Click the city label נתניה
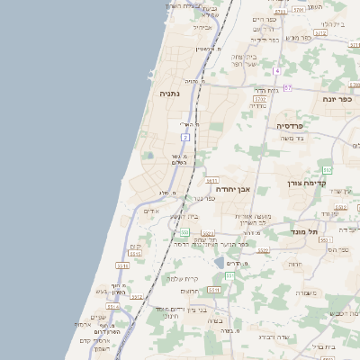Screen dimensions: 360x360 click(170, 94)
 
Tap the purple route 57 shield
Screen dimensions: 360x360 click(287, 87)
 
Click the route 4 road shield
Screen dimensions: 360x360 click(279, 70)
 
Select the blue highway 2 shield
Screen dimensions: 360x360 click(185, 137)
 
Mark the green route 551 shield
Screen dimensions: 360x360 click(229, 275)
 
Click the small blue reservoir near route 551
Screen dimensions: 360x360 click(219, 263)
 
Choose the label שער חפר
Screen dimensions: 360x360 click(243, 64)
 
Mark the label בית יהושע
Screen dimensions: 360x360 click(185, 216)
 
